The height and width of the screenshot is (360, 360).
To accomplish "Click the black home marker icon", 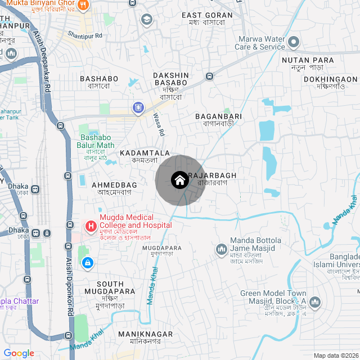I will pyautogui.click(x=179, y=180).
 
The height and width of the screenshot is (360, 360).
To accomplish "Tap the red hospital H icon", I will pyautogui.click(x=91, y=226).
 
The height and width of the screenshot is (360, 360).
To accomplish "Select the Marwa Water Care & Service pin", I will pyautogui.click(x=293, y=42).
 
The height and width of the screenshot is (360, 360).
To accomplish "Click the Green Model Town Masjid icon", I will pyautogui.click(x=314, y=303).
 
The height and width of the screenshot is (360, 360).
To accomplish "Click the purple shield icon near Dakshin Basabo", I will pyautogui.click(x=138, y=107).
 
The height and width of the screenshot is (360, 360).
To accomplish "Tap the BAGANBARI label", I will pyautogui.click(x=218, y=116).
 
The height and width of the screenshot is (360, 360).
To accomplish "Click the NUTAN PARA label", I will pyautogui.click(x=308, y=60).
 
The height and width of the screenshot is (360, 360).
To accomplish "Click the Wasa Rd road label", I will pyautogui.click(x=159, y=125).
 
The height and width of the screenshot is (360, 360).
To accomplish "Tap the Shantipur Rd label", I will pyautogui.click(x=85, y=35).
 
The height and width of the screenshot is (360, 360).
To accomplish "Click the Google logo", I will pyautogui.click(x=19, y=353).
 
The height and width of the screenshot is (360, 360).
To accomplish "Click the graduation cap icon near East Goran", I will pyautogui.click(x=147, y=20).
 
